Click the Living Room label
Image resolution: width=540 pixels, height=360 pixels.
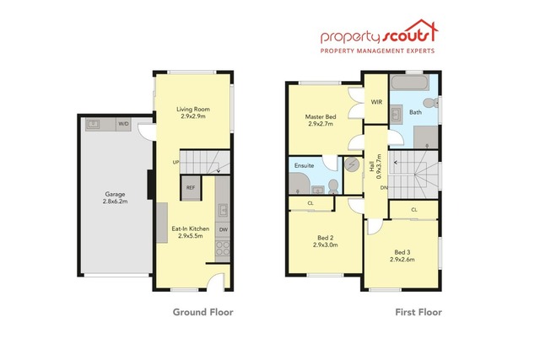(193, 109)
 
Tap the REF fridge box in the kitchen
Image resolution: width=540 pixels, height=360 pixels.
(191, 187)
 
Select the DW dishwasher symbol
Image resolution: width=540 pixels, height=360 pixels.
(223, 230)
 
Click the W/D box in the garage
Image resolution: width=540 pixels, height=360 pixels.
(123, 124)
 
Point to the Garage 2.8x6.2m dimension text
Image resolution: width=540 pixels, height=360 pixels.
(115, 201)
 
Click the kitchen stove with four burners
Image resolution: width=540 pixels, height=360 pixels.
(223, 248)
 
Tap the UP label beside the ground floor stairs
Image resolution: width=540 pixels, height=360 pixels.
(175, 162)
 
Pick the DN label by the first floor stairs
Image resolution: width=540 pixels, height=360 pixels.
(384, 187)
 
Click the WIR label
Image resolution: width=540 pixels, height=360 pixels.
(376, 102)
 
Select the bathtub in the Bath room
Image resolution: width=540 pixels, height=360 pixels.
(410, 83)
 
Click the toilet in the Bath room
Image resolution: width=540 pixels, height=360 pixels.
(430, 103)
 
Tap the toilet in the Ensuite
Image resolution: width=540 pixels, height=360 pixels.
(333, 186)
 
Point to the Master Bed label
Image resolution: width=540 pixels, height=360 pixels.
(321, 116)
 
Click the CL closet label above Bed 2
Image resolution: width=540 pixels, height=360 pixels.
(310, 203)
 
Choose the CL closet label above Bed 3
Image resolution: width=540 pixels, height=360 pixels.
(414, 210)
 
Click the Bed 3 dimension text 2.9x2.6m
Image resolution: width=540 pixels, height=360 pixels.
(402, 260)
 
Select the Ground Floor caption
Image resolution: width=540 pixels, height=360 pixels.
(202, 312)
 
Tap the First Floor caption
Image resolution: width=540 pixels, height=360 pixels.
(418, 312)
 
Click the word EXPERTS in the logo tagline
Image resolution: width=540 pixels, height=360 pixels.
(418, 51)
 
